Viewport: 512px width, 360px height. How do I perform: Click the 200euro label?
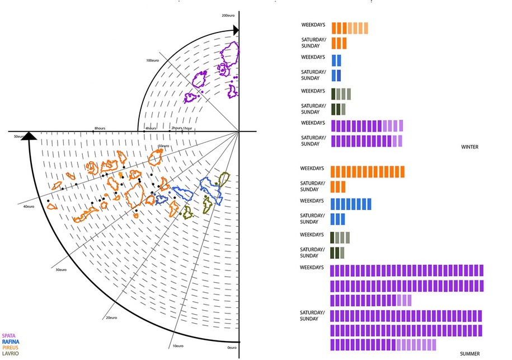tap(228, 16)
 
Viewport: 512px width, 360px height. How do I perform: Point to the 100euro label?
tap(153, 60)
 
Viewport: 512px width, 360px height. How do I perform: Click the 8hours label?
tap(100, 128)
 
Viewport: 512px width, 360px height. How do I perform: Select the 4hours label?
tap(151, 128)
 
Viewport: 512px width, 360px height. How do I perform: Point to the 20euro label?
tap(111, 318)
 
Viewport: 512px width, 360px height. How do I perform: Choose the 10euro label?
tap(177, 346)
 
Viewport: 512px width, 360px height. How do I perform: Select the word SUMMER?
tap(470, 354)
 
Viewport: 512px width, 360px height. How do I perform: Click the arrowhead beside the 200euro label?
tap(236, 29)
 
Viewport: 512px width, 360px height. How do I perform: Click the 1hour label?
tap(188, 128)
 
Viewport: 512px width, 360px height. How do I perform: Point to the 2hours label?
tap(176, 128)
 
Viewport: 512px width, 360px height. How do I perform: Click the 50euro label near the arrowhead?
tap(20, 136)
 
